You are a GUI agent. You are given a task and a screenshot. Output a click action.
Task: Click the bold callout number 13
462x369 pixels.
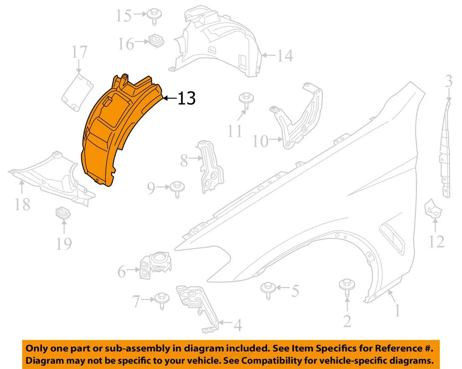click(187, 98)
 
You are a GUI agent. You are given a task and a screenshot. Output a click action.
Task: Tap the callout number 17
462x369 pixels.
click(79, 52)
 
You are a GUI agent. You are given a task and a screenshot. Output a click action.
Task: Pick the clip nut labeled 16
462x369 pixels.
click(156, 41)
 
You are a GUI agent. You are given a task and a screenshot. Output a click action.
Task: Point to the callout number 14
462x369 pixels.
click(285, 56)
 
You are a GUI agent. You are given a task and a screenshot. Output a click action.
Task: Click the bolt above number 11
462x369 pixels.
click(246, 101)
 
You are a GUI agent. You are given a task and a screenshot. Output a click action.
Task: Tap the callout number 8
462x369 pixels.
click(184, 161)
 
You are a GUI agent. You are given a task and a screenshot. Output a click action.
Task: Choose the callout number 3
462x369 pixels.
click(449, 81)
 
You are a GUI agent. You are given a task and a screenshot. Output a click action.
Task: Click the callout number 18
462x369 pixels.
click(23, 204)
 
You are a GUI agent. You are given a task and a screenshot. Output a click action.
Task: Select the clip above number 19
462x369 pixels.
click(63, 213)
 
